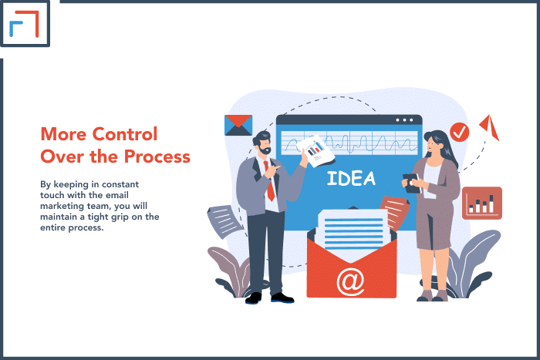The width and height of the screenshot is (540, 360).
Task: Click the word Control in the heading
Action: [x=125, y=134]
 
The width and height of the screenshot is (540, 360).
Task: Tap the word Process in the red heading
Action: [x=157, y=157]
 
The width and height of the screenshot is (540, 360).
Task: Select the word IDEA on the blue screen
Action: [x=351, y=178]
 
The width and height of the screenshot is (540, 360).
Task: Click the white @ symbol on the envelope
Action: [x=350, y=282]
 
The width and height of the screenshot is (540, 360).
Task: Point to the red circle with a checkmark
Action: [x=460, y=132]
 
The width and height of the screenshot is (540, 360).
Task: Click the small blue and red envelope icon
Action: [x=238, y=125]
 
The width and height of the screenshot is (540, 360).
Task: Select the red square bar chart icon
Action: [x=482, y=203]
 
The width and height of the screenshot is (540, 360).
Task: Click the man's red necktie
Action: [x=269, y=181]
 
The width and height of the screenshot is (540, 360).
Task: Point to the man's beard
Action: [x=265, y=150]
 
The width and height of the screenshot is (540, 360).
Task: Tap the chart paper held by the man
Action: [x=316, y=151]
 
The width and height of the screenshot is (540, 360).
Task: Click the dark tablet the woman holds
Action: [x=411, y=183]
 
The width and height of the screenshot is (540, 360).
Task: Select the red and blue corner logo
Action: [x=24, y=23]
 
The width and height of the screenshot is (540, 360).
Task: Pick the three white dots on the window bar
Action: [x=404, y=120]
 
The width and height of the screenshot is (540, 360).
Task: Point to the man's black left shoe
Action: [x=254, y=298]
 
